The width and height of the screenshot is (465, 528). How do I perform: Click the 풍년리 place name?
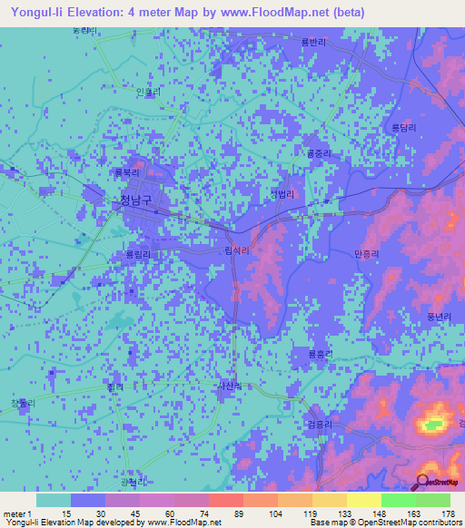425,317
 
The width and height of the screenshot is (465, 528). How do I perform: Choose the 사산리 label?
229,386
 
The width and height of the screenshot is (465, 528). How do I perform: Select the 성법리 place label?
283,194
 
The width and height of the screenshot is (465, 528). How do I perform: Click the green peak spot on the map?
435,424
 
